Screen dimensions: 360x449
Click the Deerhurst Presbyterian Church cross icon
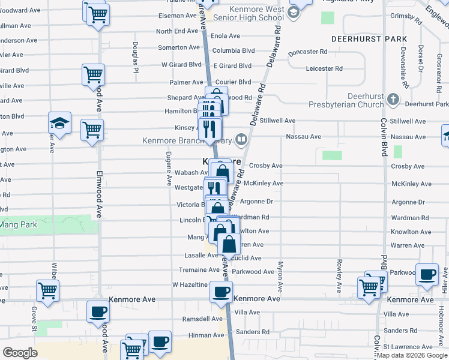point(393,98)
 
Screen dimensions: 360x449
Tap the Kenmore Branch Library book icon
point(241,140)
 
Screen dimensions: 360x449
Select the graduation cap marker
point(60,123)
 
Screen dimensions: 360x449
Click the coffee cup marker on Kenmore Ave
point(221,292)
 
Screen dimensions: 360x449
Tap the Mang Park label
point(19,225)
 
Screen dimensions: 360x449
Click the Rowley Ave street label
point(340,275)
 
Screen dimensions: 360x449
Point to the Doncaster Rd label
point(307,52)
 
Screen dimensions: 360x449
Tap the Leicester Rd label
point(324,68)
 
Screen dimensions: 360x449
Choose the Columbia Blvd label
point(234,51)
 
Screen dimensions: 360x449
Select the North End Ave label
point(177,31)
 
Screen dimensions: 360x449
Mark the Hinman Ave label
point(206,335)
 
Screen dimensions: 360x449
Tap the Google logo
point(20,353)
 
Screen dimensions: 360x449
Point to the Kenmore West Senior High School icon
point(294,13)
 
